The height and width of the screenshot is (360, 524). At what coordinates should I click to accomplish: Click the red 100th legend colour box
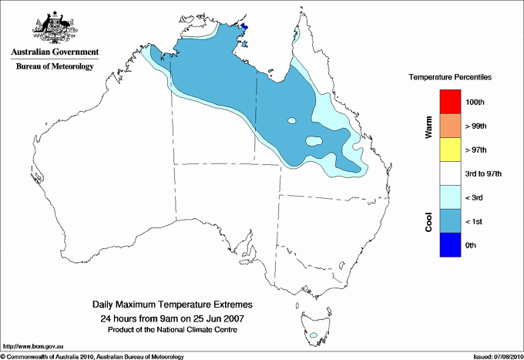(x=449, y=102)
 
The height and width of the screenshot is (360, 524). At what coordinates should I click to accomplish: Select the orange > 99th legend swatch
(x=449, y=126)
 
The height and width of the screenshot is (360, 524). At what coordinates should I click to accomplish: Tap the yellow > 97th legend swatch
(x=449, y=150)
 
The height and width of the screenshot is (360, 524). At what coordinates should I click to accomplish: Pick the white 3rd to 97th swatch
(x=449, y=173)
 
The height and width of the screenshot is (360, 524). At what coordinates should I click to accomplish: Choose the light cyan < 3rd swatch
(x=449, y=197)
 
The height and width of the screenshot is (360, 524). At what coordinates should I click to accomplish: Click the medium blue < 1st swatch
(x=449, y=221)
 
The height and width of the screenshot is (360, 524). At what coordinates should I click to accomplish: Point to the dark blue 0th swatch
(x=449, y=245)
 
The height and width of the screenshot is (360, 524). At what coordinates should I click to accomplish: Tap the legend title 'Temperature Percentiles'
(x=450, y=78)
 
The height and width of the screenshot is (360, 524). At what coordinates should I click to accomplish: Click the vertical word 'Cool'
(x=429, y=222)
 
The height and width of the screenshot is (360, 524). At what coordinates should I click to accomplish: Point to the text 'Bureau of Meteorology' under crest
(x=55, y=66)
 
